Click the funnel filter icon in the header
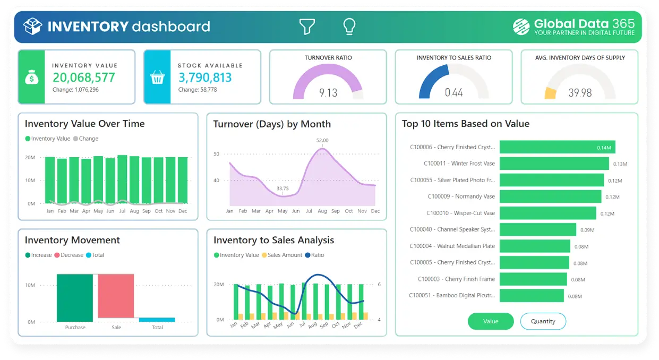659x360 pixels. pyautogui.click(x=307, y=27)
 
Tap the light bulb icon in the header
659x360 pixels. pyautogui.click(x=349, y=27)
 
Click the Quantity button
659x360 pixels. pyautogui.click(x=543, y=321)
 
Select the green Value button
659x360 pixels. pyautogui.click(x=491, y=321)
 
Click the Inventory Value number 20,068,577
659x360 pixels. pyautogui.click(x=84, y=78)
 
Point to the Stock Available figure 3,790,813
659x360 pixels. pyautogui.click(x=205, y=78)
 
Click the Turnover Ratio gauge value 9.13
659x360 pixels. pyautogui.click(x=328, y=93)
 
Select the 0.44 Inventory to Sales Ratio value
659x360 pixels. pyautogui.click(x=453, y=93)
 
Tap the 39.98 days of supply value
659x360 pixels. pyautogui.click(x=580, y=93)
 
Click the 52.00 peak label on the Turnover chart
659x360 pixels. pyautogui.click(x=322, y=141)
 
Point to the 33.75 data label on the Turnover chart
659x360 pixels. pyautogui.click(x=283, y=188)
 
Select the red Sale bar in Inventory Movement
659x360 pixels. pyautogui.click(x=116, y=297)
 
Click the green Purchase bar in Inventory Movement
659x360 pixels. pyautogui.click(x=75, y=297)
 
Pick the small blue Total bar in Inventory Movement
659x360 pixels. pyautogui.click(x=157, y=320)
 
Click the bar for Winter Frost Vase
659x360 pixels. pyautogui.click(x=554, y=164)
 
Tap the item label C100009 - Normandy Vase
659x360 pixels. pyautogui.click(x=461, y=196)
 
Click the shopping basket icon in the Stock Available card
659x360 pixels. pyautogui.click(x=157, y=78)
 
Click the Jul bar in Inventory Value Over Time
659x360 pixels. pyautogui.click(x=122, y=179)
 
